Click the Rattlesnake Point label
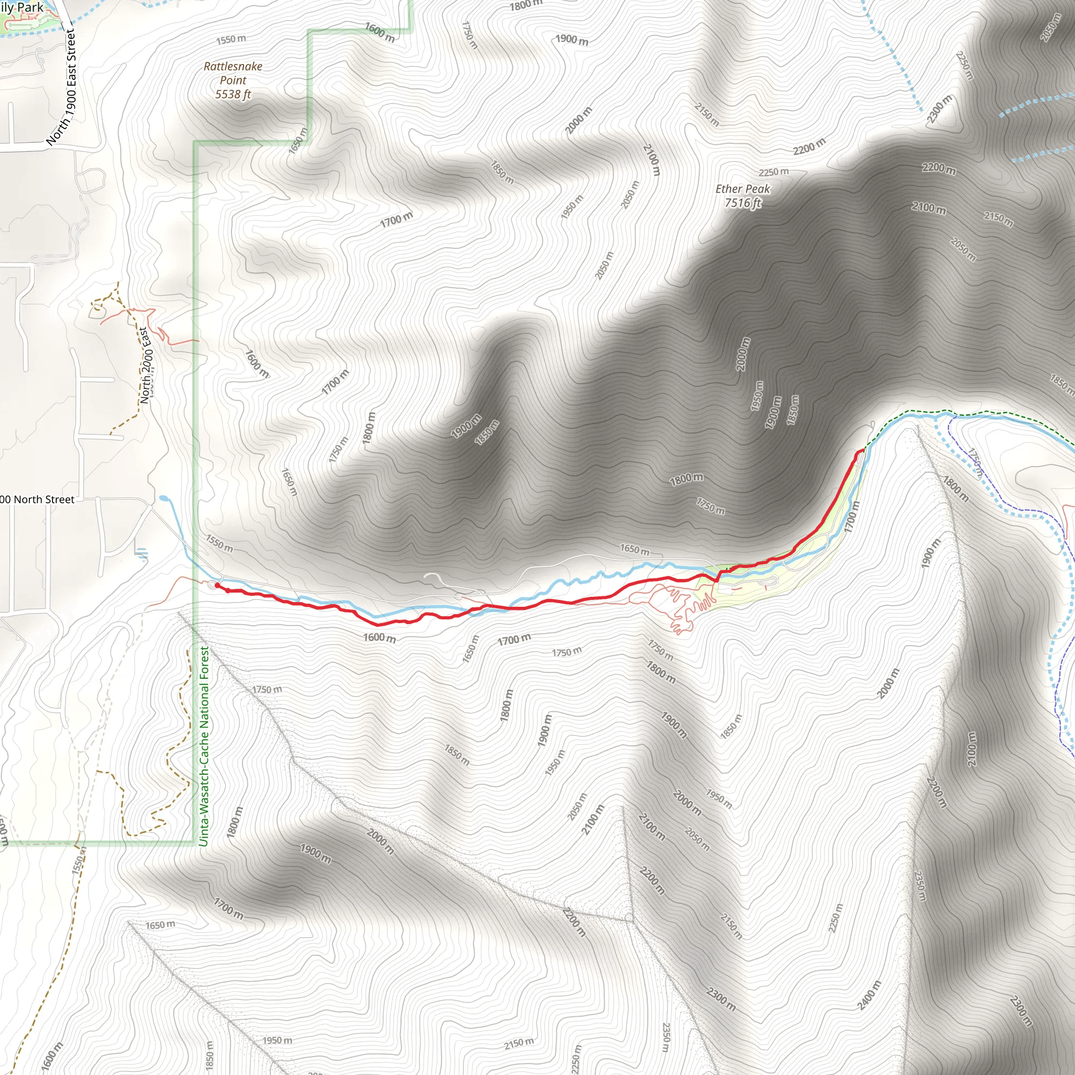pyautogui.click(x=233, y=73)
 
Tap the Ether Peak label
pyautogui.click(x=742, y=189)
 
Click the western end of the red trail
pyautogui.click(x=216, y=585)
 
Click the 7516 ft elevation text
pyautogui.click(x=742, y=203)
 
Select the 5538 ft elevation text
pyautogui.click(x=233, y=94)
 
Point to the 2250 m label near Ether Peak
pyautogui.click(x=773, y=172)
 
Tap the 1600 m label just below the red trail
pyautogui.click(x=380, y=638)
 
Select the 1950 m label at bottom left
pyautogui.click(x=277, y=1040)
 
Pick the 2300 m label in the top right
pyautogui.click(x=939, y=109)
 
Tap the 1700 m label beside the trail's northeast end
pyautogui.click(x=852, y=517)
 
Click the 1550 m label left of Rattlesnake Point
pyautogui.click(x=231, y=39)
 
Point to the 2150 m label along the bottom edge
pyautogui.click(x=519, y=1044)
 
